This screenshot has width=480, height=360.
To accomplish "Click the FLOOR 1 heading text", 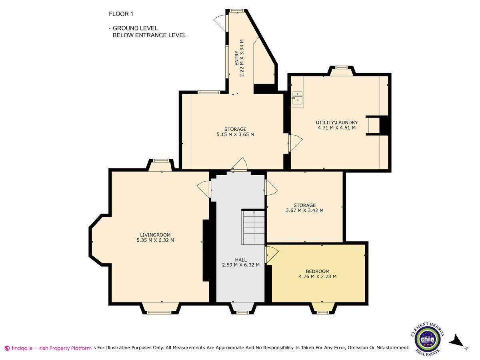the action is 121,14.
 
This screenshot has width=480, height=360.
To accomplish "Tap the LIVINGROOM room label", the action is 155,235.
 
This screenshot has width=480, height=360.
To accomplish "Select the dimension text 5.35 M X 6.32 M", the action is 155,240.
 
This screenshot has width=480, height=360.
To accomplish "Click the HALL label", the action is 241,260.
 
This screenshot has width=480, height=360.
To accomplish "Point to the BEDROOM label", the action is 318,272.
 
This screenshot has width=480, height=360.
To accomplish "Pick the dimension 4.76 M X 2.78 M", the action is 318,276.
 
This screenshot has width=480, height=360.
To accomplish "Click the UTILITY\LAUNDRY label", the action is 337,122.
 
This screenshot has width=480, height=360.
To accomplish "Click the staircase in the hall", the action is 253,227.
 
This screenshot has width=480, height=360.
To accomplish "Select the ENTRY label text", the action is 237,58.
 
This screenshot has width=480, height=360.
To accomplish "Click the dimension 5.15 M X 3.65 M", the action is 235,134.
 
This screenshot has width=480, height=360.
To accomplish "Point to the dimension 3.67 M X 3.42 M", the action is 305,210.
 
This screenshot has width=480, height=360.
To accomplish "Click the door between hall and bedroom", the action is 272,254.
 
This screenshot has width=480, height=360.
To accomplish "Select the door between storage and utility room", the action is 296,143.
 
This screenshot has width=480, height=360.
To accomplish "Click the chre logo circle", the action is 427,339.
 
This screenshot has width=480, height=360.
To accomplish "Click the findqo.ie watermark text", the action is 48,348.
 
